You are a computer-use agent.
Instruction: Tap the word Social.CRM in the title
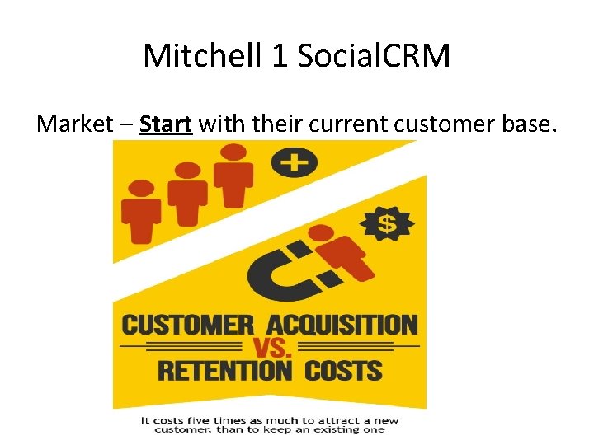375,56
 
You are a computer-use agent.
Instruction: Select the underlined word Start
166,124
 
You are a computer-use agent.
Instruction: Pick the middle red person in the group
188,193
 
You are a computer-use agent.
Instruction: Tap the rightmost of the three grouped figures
234,175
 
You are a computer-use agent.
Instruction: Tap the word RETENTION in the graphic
224,370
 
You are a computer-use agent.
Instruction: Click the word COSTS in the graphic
343,370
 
